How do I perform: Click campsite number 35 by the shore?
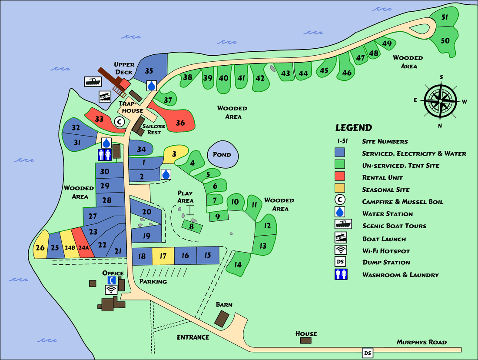[149, 70]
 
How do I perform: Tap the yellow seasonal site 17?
[163, 256]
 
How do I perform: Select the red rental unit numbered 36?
[180, 123]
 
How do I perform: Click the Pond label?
[222, 155]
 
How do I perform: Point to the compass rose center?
[441, 101]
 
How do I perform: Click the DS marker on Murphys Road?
[368, 353]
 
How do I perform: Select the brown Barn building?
[224, 319]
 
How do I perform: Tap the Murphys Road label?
[421, 342]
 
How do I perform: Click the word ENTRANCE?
[193, 337]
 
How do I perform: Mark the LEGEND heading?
[353, 128]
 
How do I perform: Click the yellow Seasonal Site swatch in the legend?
[340, 189]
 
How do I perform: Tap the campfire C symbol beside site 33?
[119, 122]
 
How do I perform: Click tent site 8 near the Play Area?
[192, 226]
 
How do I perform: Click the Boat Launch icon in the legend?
[340, 237]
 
